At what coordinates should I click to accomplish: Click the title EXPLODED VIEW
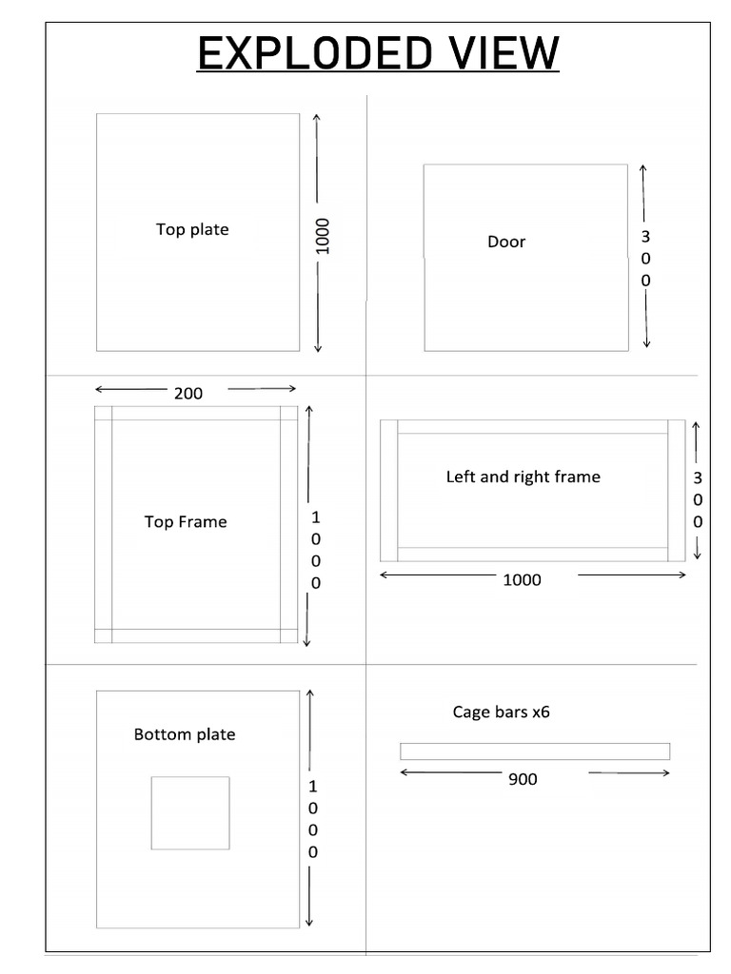tap(378, 53)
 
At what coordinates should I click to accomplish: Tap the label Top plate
tap(192, 229)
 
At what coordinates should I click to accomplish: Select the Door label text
tap(506, 242)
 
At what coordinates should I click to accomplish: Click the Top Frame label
tap(186, 521)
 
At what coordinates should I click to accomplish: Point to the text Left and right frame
tap(524, 477)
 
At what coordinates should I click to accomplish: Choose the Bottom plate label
tap(185, 734)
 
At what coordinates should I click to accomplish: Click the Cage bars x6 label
tap(501, 711)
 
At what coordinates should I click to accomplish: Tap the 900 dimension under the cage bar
tap(523, 779)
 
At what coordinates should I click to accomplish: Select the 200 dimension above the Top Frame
tap(188, 393)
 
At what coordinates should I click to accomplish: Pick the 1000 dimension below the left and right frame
tap(522, 579)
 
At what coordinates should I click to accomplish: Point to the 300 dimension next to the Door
tap(645, 258)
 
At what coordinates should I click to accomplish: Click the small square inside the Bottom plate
tap(190, 812)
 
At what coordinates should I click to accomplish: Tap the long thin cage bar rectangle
tap(535, 751)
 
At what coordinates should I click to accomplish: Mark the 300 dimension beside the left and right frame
tap(698, 499)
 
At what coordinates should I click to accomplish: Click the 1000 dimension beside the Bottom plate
tap(313, 819)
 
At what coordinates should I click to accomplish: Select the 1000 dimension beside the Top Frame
tap(316, 550)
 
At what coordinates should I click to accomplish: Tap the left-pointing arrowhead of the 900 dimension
tap(405, 772)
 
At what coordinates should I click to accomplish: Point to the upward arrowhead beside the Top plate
tap(317, 118)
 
